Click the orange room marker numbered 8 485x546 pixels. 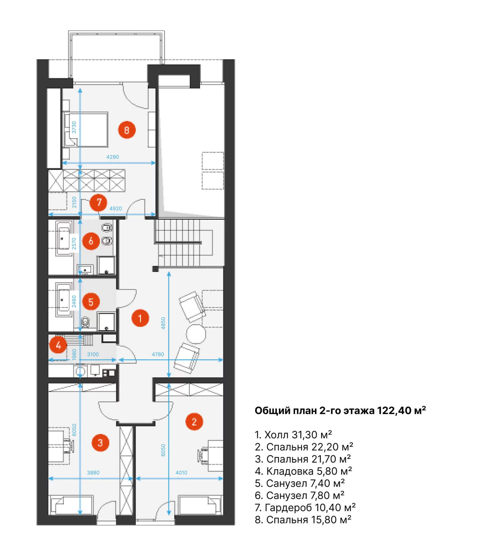(126, 130)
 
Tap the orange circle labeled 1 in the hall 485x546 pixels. (140, 318)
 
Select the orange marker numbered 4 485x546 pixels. (58, 345)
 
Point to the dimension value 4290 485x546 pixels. (113, 157)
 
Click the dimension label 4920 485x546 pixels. (115, 208)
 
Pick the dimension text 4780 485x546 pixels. (158, 354)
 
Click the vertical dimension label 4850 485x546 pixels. (163, 323)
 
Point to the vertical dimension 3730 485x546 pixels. (74, 127)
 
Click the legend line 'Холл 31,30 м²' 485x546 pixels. (293, 435)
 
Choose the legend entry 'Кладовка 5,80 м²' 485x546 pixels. (303, 471)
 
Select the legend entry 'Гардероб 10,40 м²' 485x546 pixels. (305, 508)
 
